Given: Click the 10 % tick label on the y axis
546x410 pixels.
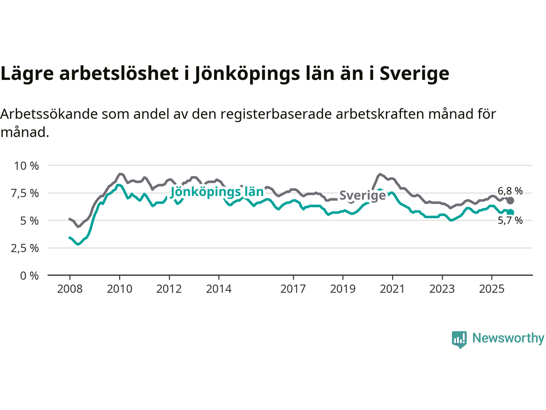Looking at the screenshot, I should coord(26,166).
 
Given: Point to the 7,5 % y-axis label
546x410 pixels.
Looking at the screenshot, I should coord(25,193).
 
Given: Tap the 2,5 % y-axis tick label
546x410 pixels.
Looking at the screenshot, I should coord(25,248).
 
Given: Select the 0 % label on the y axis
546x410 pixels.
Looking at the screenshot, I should coord(29,276).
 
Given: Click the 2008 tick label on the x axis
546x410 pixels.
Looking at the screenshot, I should coord(70,289).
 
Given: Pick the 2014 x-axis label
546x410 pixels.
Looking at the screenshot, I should coord(219,289).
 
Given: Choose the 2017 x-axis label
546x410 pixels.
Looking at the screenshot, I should coord(293,289).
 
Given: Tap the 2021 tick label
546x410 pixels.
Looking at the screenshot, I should coord(392,289).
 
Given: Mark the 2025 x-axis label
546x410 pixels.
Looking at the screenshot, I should coord(492,289).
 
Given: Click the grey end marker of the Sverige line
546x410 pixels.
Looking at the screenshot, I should coord(510,201).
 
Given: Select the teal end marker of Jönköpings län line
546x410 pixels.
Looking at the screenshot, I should coord(510,212).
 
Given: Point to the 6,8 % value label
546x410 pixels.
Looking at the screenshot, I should coord(510,191).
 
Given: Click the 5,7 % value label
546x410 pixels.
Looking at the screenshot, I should coord(510,220).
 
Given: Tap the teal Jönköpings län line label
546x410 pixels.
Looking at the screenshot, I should coord(217,192).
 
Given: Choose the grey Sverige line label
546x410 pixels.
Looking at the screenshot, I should coord(363,196).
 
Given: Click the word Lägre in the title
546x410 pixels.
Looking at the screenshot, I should coord(27,73).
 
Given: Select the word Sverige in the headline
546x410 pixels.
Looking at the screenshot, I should coord(414,73).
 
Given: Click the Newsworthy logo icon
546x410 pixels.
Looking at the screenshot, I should coord(459,339).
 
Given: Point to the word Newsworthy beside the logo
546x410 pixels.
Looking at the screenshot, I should coord(508,338).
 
